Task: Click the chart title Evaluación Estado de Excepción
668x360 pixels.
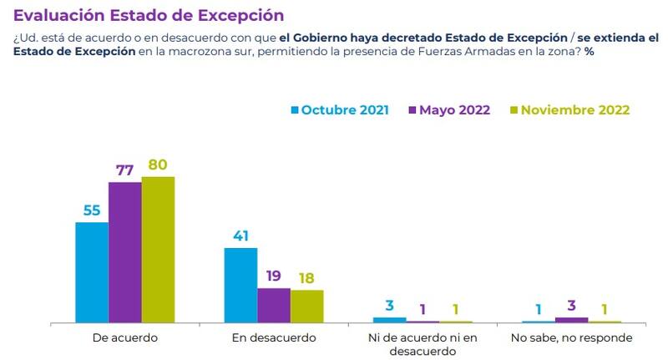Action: click(x=149, y=16)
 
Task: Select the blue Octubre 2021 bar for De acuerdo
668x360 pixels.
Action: click(x=92, y=271)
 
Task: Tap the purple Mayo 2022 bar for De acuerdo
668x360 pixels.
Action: click(x=125, y=251)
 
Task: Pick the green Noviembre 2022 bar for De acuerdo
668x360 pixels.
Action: click(x=158, y=249)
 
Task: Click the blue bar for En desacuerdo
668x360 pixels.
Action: click(x=240, y=285)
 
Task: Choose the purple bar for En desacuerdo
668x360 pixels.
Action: click(x=274, y=305)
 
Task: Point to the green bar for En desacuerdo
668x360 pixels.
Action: click(x=306, y=306)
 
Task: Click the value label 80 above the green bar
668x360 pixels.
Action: click(x=158, y=165)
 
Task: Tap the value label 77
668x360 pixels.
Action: click(x=125, y=170)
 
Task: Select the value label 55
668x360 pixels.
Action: click(x=92, y=210)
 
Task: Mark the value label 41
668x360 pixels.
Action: click(x=240, y=236)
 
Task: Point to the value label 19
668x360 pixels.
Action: click(x=274, y=276)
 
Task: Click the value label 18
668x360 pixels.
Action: click(x=306, y=278)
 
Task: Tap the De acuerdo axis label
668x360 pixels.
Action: click(x=125, y=338)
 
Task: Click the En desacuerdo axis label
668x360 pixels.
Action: click(x=274, y=338)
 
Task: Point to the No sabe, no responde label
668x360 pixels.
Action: click(x=572, y=338)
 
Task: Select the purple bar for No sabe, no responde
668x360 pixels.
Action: click(x=572, y=319)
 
